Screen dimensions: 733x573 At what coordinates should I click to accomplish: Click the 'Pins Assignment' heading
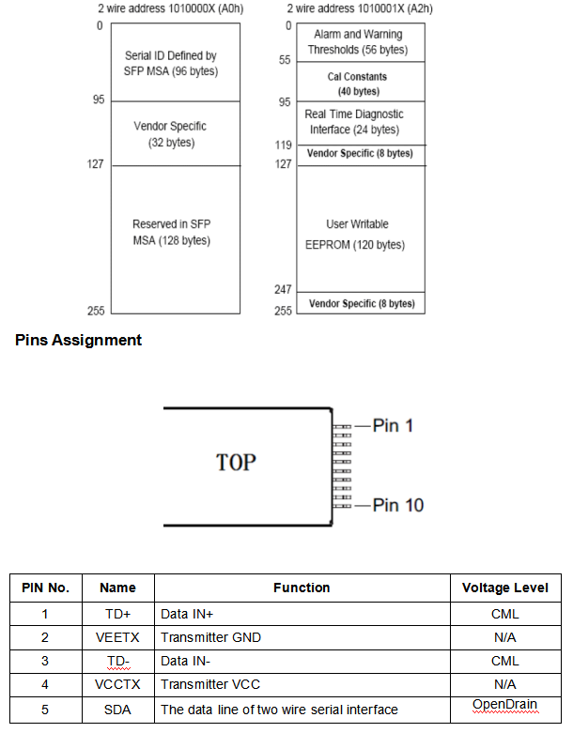point(78,340)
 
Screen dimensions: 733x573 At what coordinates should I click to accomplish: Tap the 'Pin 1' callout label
point(392,425)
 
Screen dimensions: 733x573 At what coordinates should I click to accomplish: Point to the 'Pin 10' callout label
point(397,505)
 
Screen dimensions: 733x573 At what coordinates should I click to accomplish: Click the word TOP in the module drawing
point(236,462)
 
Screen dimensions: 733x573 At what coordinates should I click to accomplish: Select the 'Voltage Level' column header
point(504,588)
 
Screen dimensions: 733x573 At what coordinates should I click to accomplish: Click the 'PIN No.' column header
point(45,588)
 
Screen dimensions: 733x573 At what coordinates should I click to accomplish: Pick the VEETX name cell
point(117,637)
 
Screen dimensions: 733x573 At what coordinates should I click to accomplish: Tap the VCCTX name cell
point(117,684)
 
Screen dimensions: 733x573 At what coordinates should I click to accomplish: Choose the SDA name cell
point(117,709)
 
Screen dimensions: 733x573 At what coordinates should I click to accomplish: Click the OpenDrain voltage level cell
point(504,705)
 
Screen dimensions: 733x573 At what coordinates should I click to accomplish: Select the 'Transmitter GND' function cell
point(210,637)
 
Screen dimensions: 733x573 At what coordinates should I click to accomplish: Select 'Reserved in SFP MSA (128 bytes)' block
point(171,232)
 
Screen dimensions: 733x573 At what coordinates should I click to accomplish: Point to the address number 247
point(283,290)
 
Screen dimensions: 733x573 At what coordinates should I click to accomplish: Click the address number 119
point(283,145)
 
